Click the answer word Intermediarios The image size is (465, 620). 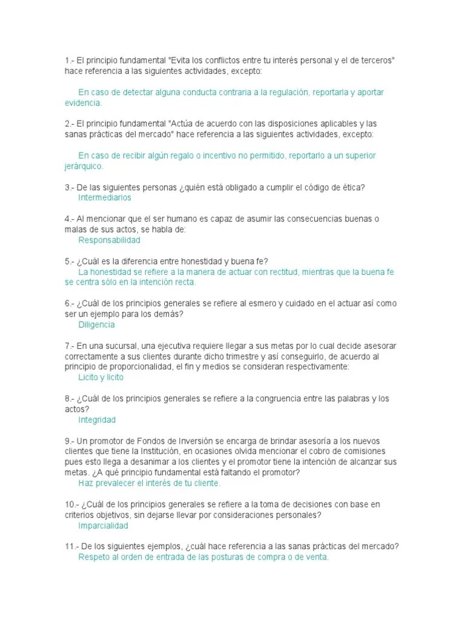click(105, 197)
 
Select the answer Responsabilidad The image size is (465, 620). click(109, 240)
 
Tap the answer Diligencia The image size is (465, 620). click(96, 325)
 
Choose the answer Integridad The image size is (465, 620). click(97, 420)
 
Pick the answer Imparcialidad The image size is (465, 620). click(104, 526)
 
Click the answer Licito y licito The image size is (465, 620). click(101, 377)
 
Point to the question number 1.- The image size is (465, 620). click(69, 61)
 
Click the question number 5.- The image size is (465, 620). click(69, 262)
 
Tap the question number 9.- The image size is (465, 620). click(69, 441)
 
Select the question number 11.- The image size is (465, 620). click(71, 546)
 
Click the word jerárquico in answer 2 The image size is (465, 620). click(84, 166)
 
